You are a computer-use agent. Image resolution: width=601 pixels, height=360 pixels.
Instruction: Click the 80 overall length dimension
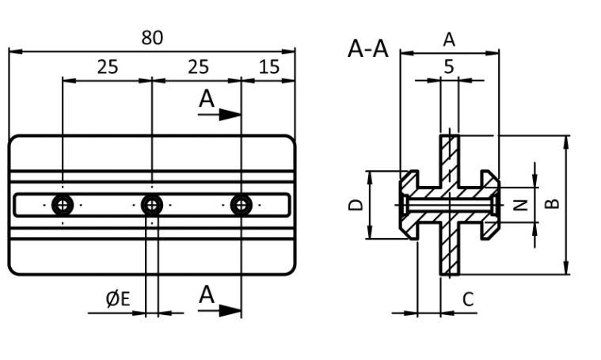(x=152, y=37)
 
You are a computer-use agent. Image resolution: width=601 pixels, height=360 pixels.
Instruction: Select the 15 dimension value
(x=269, y=66)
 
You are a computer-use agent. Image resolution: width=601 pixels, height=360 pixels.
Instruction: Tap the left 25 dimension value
(x=108, y=66)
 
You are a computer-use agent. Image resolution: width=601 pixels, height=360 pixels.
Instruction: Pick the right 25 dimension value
(x=199, y=66)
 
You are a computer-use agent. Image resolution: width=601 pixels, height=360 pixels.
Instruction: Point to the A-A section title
(x=368, y=48)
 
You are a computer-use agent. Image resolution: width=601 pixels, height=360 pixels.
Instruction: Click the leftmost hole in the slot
(x=62, y=206)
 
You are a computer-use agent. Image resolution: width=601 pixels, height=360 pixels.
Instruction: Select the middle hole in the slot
(x=152, y=206)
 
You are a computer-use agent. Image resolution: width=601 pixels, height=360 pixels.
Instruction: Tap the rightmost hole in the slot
(x=242, y=206)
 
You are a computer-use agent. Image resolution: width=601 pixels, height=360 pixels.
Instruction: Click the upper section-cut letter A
(x=207, y=99)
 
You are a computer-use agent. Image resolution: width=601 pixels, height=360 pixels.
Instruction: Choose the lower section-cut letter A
(x=207, y=295)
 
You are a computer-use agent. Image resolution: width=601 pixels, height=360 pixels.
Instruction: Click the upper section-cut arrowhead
(x=230, y=115)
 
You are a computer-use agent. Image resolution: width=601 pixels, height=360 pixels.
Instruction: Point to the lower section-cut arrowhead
(x=230, y=310)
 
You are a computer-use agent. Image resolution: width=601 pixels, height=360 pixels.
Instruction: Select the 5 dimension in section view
(x=449, y=66)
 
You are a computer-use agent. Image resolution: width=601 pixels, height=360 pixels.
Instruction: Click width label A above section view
(x=449, y=39)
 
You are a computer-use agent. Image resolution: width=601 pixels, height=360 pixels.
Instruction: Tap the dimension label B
(x=553, y=203)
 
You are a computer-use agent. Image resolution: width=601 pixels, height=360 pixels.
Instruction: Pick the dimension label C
(x=468, y=299)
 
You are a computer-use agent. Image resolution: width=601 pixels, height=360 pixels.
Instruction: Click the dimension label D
(x=356, y=204)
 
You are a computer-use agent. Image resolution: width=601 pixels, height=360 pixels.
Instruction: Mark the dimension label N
(x=520, y=205)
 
